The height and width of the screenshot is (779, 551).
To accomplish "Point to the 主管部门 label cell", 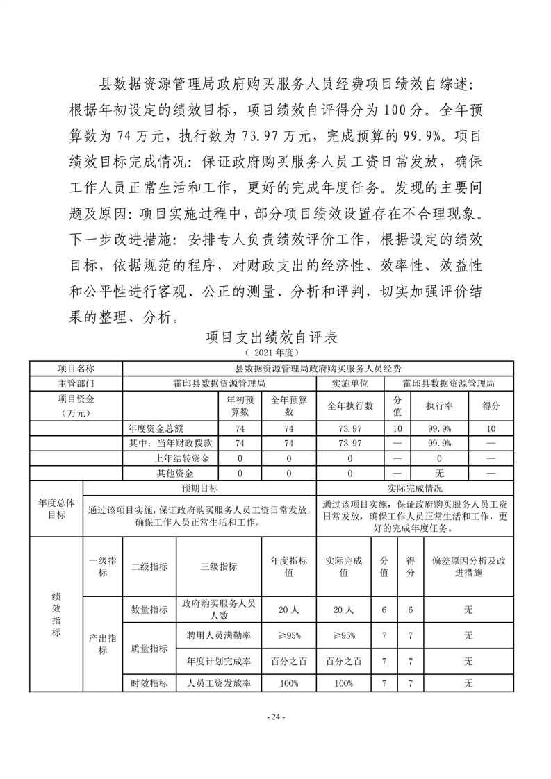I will (76, 383).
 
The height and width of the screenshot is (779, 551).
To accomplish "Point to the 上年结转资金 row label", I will (183, 458).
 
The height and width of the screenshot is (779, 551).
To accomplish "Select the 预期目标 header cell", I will (199, 488).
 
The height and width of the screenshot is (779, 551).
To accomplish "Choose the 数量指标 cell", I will (149, 610).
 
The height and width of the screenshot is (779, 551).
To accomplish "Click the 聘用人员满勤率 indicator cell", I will (219, 635).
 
